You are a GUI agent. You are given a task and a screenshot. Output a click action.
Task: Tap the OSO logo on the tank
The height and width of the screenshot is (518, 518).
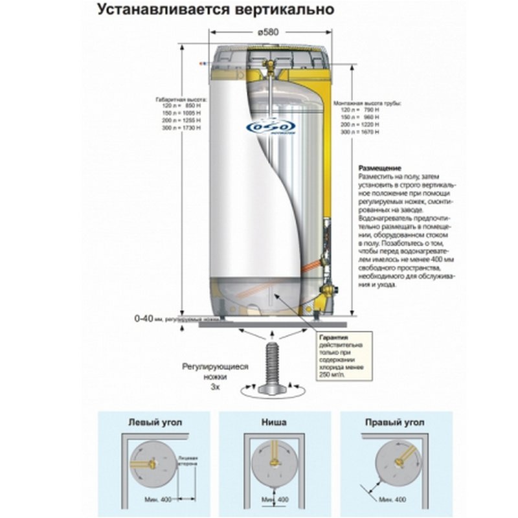pyautogui.click(x=271, y=126)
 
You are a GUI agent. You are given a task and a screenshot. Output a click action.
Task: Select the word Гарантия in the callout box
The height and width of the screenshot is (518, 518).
pyautogui.click(x=333, y=339)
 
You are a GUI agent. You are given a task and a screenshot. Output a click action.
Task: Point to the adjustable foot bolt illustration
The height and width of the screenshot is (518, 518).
pyautogui.click(x=271, y=366)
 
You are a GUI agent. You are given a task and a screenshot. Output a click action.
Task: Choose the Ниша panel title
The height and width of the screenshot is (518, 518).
pyautogui.click(x=275, y=422)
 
